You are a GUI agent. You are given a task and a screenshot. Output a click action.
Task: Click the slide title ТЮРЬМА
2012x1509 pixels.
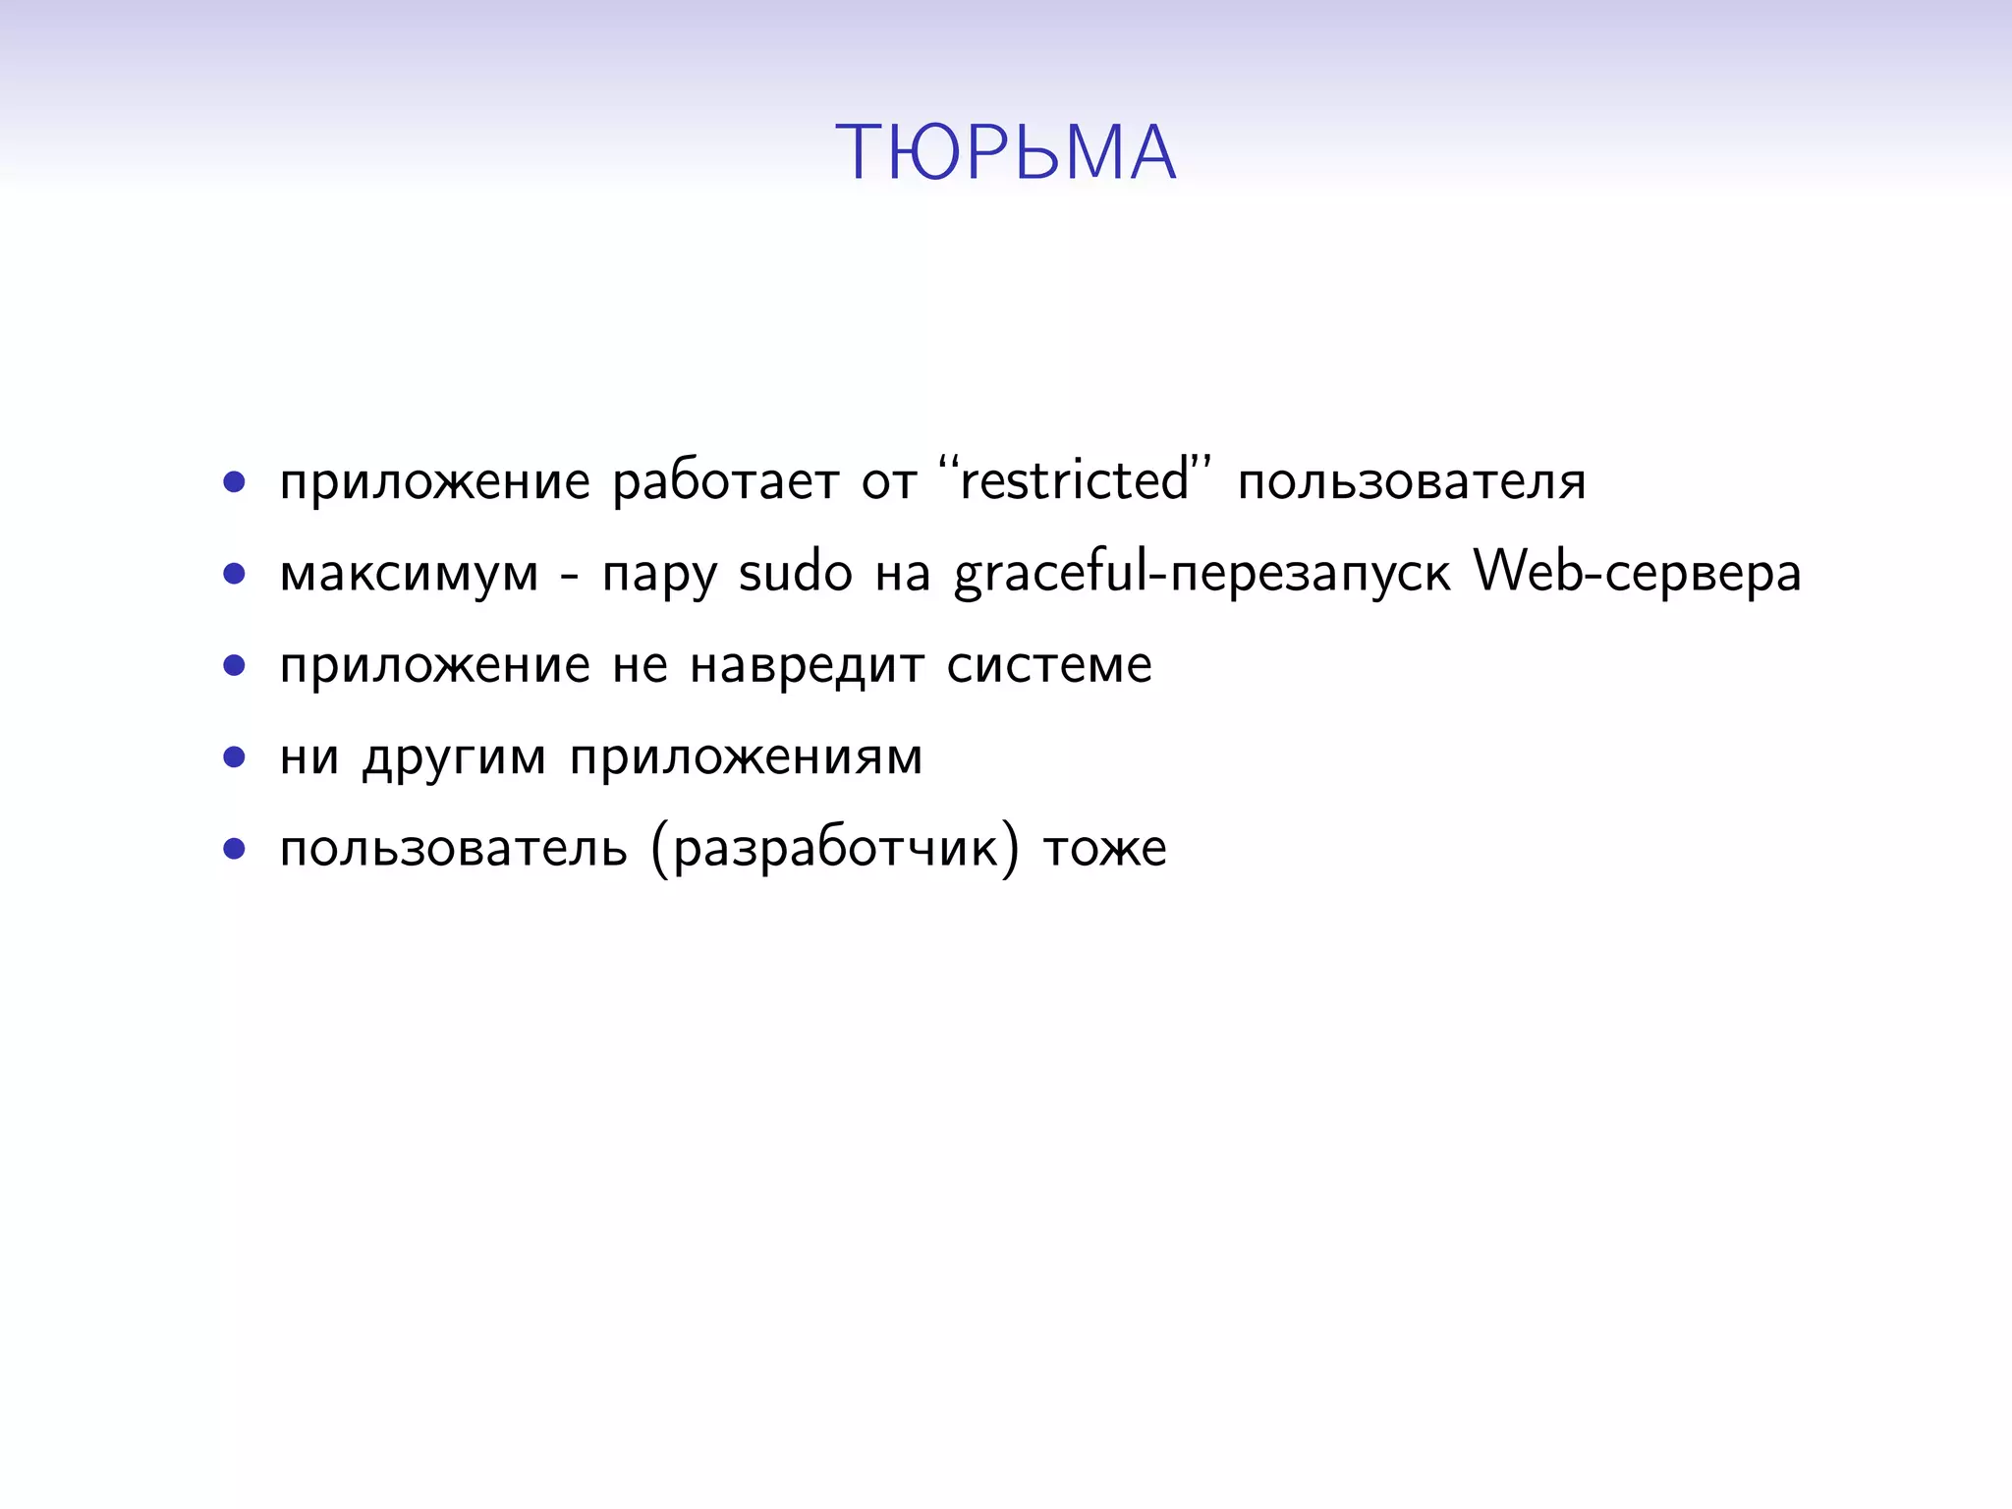(x=1005, y=153)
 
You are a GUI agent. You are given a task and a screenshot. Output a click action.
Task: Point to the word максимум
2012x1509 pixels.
(x=409, y=574)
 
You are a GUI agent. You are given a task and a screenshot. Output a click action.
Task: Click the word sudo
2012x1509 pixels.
(x=795, y=572)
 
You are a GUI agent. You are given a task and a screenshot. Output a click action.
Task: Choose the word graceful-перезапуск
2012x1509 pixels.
(x=1202, y=574)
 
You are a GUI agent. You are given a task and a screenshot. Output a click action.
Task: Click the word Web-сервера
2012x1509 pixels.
(x=1638, y=572)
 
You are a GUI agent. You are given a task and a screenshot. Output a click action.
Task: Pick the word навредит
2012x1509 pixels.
(x=807, y=665)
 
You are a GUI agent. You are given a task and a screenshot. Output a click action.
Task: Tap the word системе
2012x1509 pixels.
(x=1049, y=665)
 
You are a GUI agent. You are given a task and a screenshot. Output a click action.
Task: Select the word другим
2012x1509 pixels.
(x=454, y=757)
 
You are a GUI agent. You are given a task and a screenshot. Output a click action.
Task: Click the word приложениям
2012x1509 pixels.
(x=746, y=757)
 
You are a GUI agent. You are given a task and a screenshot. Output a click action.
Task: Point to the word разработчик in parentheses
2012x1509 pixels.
(x=834, y=848)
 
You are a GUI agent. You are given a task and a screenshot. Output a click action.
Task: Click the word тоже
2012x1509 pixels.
(x=1104, y=848)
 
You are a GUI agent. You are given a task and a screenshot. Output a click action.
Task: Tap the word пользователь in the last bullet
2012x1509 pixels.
(x=453, y=848)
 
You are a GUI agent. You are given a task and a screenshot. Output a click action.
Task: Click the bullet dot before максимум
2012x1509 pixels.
(x=234, y=574)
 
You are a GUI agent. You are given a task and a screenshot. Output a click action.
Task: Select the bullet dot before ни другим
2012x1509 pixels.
(x=234, y=756)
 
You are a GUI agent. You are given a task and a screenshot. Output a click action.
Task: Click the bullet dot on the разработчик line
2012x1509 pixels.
(x=234, y=848)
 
